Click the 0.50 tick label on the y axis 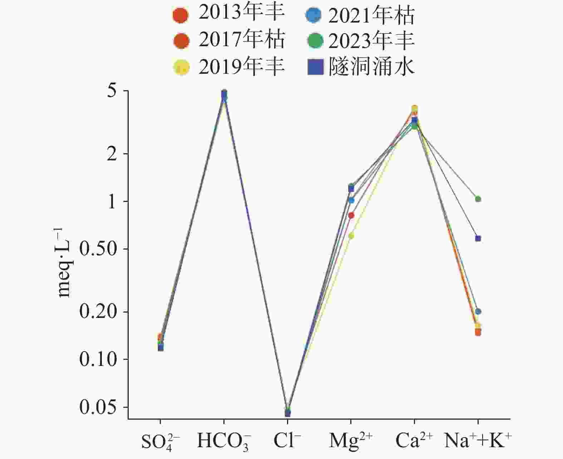[x=99, y=249]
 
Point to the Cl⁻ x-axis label [x=287, y=441]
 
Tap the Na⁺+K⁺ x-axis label [x=478, y=441]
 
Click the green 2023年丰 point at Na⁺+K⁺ [x=478, y=199]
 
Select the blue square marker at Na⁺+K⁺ [x=478, y=238]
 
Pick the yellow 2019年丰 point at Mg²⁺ [x=351, y=236]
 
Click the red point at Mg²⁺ [x=351, y=215]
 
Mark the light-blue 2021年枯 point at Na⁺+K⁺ [x=478, y=311]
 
